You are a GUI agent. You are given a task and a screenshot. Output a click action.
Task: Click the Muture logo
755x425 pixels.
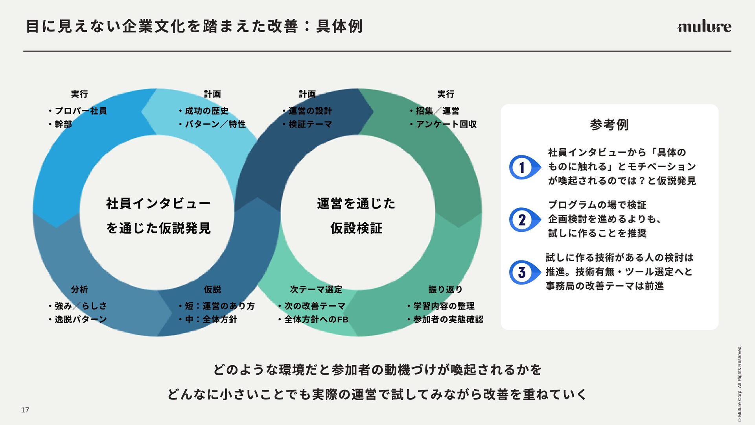tap(704, 26)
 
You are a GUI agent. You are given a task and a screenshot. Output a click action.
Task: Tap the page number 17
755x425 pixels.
tap(25, 410)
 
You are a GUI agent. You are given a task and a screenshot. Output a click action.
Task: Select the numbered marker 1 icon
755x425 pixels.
tap(523, 167)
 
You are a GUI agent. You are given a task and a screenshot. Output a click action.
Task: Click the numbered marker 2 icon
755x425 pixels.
tap(523, 220)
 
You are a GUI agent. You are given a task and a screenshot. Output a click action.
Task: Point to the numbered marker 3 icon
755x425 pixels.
tap(523, 272)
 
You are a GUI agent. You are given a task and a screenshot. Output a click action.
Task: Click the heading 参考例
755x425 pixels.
tap(609, 125)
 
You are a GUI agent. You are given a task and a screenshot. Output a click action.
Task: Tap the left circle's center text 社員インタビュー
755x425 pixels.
tap(158, 203)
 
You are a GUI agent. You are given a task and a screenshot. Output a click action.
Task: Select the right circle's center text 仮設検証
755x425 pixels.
tap(356, 228)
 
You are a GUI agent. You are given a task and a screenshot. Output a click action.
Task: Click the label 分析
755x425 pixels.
tap(79, 290)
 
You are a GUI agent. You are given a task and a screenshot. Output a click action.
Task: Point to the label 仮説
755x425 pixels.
tap(212, 290)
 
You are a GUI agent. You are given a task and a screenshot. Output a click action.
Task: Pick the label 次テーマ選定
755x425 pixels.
tap(316, 290)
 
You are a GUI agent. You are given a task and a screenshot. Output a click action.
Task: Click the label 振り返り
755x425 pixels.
tap(445, 290)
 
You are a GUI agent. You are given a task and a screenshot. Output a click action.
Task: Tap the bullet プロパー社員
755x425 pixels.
tap(81, 111)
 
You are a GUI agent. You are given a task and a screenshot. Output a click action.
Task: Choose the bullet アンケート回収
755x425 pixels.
tap(446, 124)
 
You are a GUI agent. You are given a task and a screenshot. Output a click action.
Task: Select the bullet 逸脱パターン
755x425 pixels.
tap(81, 319)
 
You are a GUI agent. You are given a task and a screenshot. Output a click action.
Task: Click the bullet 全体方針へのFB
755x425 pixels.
tap(316, 320)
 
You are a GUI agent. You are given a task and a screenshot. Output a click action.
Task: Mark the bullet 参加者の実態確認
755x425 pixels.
tap(448, 320)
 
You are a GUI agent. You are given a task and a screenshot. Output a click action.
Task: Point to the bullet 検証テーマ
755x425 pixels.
tap(310, 124)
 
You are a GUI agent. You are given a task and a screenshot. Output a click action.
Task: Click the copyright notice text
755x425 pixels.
tap(739, 383)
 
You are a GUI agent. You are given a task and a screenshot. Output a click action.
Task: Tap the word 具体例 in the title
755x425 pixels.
tap(339, 26)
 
